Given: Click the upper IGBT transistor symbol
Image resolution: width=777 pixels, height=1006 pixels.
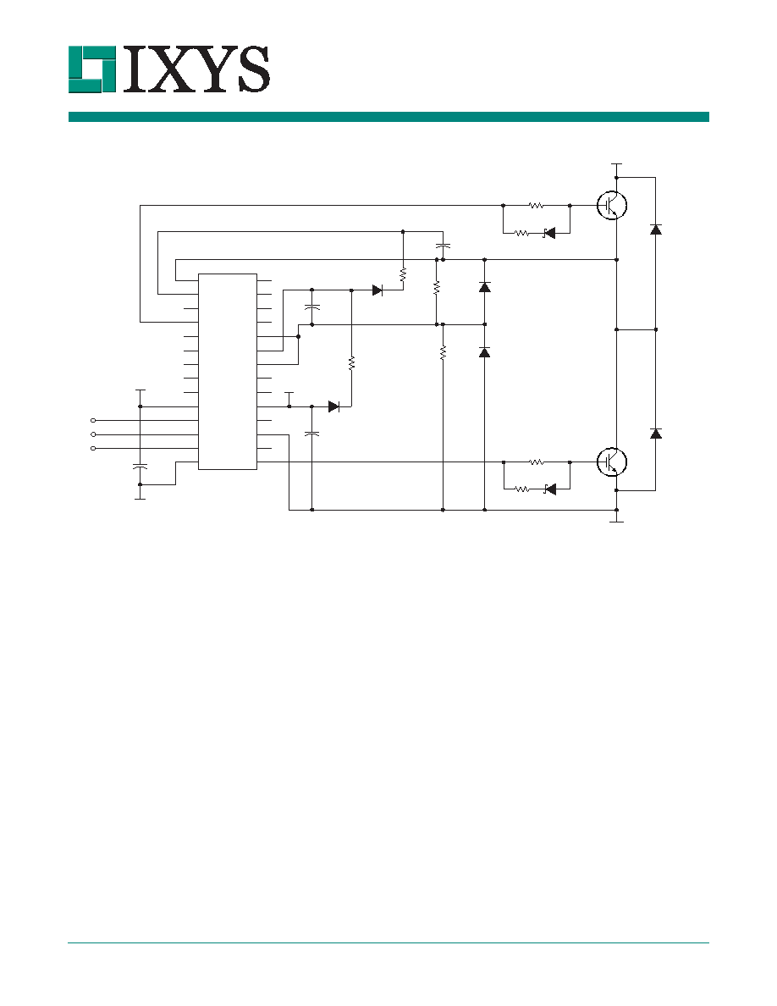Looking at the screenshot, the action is click(612, 205).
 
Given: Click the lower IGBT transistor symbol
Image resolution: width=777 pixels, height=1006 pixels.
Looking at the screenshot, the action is click(612, 462).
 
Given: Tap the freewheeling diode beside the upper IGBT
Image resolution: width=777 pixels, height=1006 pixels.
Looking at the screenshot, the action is click(655, 229).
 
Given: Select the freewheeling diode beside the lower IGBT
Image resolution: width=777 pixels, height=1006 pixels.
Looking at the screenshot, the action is click(655, 433).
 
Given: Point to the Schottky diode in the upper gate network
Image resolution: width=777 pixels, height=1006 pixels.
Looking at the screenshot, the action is click(548, 234).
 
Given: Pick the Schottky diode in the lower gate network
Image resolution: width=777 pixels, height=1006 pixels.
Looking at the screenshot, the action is click(548, 489).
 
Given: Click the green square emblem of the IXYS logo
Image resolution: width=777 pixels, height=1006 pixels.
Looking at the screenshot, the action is click(91, 69).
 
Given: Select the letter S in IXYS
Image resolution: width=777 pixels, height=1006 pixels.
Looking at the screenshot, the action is click(250, 69).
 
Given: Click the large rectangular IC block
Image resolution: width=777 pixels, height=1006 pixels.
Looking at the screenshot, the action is click(228, 372).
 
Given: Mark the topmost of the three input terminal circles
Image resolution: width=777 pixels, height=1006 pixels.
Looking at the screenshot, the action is click(94, 421).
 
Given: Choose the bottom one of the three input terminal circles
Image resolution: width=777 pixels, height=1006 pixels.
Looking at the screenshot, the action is click(94, 448).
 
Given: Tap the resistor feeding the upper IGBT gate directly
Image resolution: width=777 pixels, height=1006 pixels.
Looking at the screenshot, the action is click(536, 206).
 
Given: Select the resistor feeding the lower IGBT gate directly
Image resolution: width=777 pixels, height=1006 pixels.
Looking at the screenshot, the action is click(536, 462).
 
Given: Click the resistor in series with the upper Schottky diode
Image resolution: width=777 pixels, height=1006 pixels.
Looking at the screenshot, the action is click(522, 234).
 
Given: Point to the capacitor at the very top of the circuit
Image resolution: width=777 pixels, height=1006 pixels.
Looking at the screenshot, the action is click(443, 245).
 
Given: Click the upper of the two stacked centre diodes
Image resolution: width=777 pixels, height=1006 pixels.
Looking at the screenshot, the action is click(485, 287).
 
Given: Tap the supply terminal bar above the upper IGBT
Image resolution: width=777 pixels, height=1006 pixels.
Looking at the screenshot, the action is click(617, 165).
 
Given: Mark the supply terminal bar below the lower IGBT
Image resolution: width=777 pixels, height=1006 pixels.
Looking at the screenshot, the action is click(617, 522).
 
